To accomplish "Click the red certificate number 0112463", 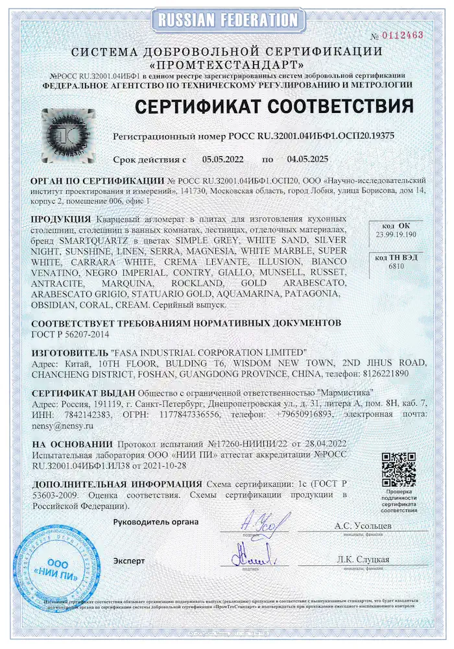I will point(404,35).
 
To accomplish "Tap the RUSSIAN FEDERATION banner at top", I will point(227,19).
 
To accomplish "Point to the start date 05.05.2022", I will point(222,158).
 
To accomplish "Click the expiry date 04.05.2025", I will point(306,158).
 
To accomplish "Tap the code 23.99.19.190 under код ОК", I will point(395,234).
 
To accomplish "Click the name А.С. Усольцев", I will point(363,526).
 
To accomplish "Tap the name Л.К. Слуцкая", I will point(363,559).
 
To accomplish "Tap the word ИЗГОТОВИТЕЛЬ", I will point(71,352).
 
